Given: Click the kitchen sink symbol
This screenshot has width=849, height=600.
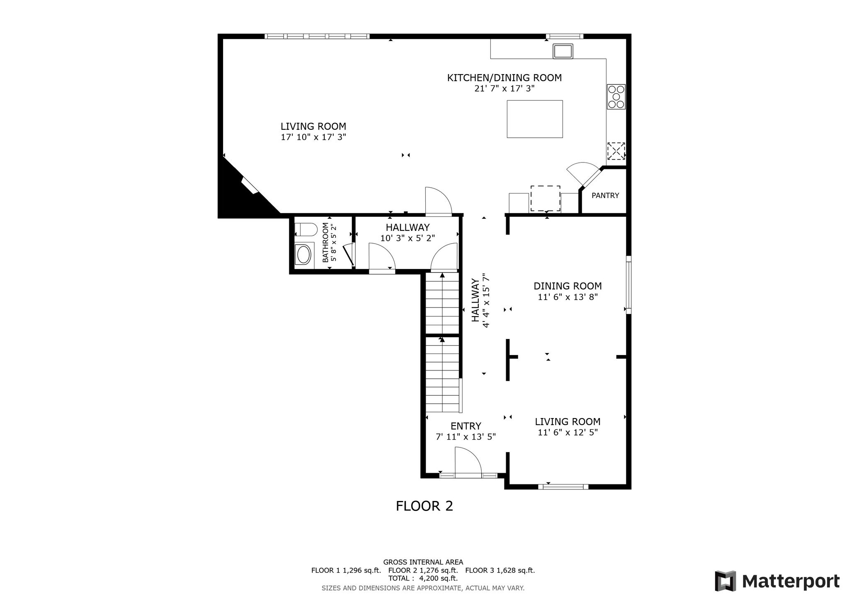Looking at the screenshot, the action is (563, 51).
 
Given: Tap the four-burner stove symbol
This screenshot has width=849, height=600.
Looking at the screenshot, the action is (616, 97).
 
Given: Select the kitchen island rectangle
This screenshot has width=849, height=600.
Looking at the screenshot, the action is (535, 119).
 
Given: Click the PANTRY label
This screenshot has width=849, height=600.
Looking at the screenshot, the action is (605, 196).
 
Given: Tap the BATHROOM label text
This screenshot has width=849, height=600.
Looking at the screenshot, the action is (325, 242).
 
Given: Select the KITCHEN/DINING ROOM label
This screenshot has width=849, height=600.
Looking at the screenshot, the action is (505, 77).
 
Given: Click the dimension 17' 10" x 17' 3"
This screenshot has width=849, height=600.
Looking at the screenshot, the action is (313, 137).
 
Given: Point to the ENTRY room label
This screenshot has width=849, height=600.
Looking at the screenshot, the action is (466, 426).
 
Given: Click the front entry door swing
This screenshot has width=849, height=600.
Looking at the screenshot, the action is (468, 460).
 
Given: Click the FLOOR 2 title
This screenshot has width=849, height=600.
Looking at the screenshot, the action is (424, 506).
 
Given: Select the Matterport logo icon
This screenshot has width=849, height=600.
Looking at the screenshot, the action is (725, 581).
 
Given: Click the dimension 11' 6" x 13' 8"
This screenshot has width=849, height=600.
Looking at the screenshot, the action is (568, 297).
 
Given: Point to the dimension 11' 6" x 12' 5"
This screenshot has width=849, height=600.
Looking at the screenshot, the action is (568, 433).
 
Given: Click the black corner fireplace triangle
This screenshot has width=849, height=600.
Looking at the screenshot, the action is (240, 195).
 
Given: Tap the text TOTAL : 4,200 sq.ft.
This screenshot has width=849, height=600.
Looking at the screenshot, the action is (423, 578).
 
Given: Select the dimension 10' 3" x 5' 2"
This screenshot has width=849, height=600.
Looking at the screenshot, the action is (408, 238).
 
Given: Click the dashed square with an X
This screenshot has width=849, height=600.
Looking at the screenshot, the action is (616, 151).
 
